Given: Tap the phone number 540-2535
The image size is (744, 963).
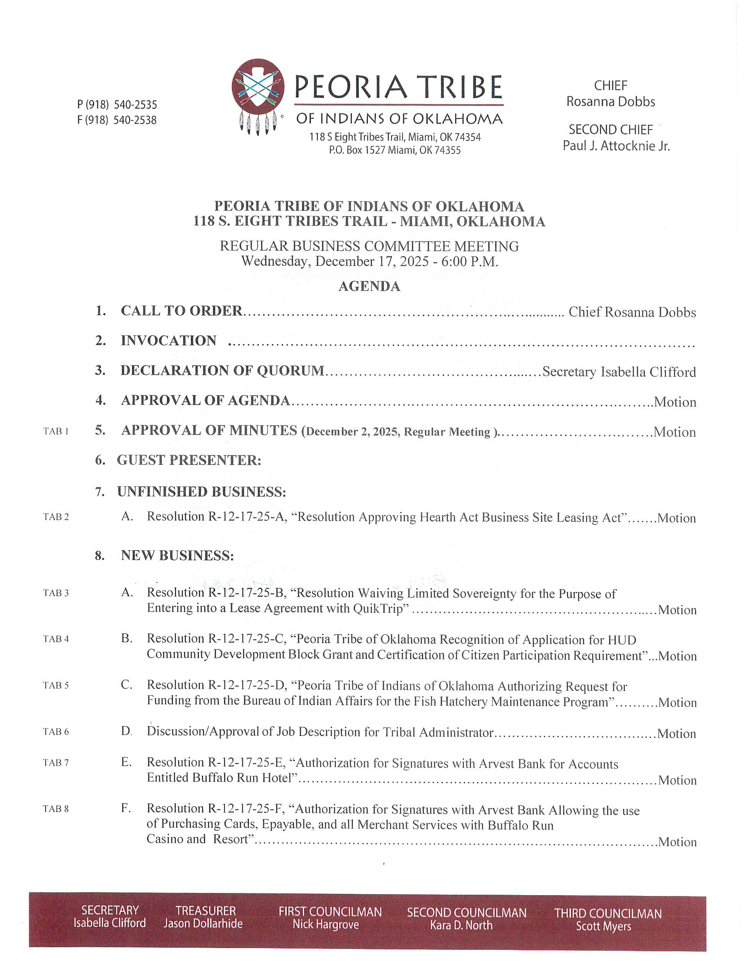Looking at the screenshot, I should point(135,105).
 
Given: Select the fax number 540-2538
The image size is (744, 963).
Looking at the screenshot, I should point(135,120).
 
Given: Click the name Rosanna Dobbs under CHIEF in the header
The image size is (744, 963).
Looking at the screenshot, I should point(611,102).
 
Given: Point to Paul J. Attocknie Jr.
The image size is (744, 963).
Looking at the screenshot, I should point(616,146).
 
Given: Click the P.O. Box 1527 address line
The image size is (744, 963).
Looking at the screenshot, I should point(394,150).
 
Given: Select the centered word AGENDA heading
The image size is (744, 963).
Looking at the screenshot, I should point(369,287).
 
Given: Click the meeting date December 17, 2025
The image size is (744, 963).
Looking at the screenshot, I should point(372,261).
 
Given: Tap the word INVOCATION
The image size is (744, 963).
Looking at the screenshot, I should point(168,341).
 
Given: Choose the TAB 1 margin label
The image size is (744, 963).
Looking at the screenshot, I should point(56,431).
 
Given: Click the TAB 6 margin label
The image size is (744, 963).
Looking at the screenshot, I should point(56,731).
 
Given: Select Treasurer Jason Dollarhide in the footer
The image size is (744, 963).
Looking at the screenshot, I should point(203,923).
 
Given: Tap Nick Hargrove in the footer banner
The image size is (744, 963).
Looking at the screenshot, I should point(326,924).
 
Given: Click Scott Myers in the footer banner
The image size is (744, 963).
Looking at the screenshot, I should point(604,926).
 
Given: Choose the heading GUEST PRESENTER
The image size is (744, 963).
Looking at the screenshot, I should point(189,460).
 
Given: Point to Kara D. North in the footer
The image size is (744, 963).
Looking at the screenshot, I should point(461,925).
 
